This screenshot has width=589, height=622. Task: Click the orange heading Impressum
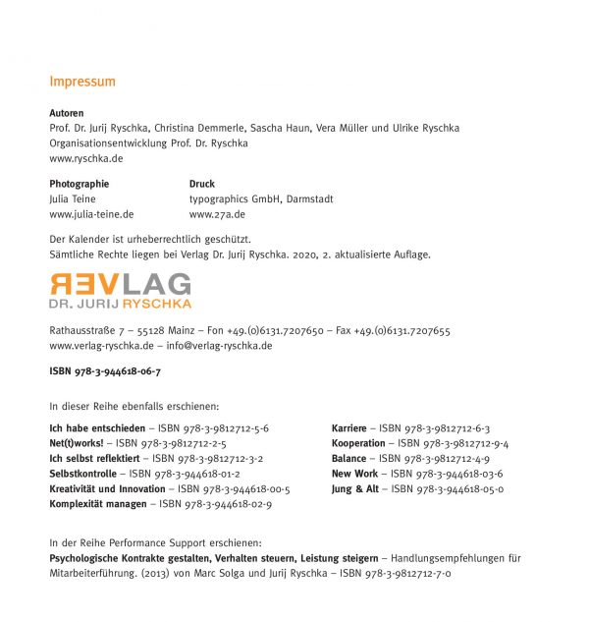pyautogui.click(x=82, y=82)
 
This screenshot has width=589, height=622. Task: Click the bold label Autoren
pyautogui.click(x=67, y=114)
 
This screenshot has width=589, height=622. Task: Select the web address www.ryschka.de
pyautogui.click(x=86, y=158)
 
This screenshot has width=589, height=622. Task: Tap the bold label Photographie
pyautogui.click(x=80, y=184)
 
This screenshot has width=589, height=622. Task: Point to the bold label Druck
pyautogui.click(x=202, y=184)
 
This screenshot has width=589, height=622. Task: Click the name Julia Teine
pyautogui.click(x=73, y=198)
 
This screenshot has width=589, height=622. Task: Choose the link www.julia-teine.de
pyautogui.click(x=91, y=213)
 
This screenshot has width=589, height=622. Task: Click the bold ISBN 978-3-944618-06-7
pyautogui.click(x=105, y=371)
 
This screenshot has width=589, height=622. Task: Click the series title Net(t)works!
pyautogui.click(x=74, y=443)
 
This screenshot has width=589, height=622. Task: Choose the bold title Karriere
pyautogui.click(x=349, y=428)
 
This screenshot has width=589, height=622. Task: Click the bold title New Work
pyautogui.click(x=354, y=474)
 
